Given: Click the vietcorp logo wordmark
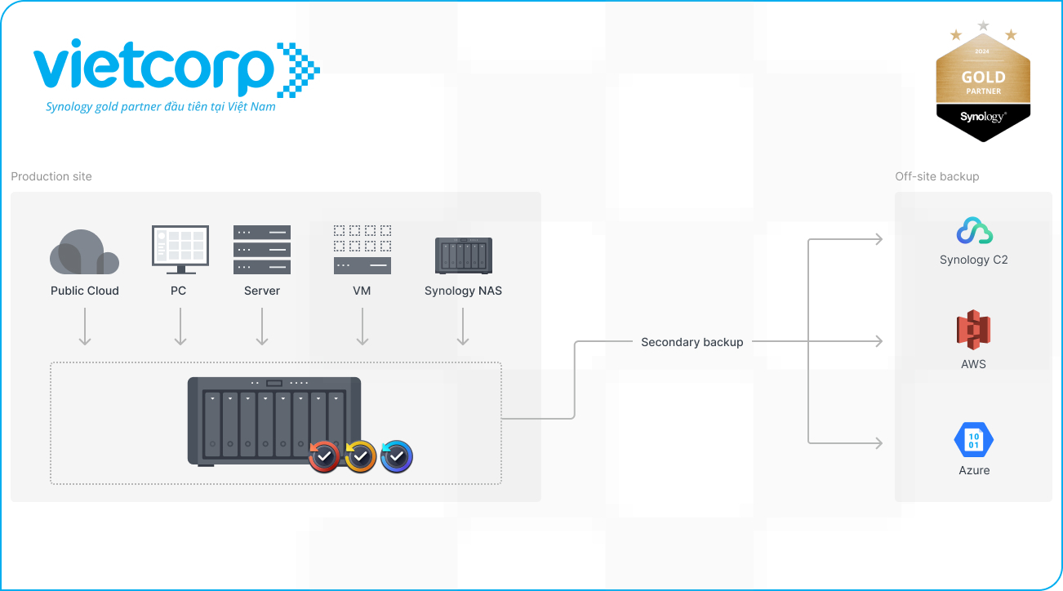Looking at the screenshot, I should click(155, 68).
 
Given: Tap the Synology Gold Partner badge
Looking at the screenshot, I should click(983, 86).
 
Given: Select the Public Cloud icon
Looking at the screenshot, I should click(84, 252).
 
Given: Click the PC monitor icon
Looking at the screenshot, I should click(180, 249).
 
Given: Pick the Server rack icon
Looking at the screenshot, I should click(262, 250).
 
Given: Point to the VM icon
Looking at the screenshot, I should click(362, 249).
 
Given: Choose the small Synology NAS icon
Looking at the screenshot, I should click(463, 256).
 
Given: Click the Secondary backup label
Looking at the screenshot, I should click(692, 342).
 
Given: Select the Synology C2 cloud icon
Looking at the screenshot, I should click(974, 232).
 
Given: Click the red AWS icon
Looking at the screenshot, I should click(973, 331).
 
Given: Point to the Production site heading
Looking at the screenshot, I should click(51, 176).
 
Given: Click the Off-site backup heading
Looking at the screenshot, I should click(936, 176).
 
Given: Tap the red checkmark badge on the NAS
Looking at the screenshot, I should click(324, 457).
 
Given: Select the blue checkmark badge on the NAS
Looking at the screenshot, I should click(397, 457).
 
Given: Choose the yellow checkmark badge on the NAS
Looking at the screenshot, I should click(360, 457).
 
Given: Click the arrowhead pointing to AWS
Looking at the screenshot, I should click(878, 342).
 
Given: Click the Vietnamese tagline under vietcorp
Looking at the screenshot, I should click(161, 107).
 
